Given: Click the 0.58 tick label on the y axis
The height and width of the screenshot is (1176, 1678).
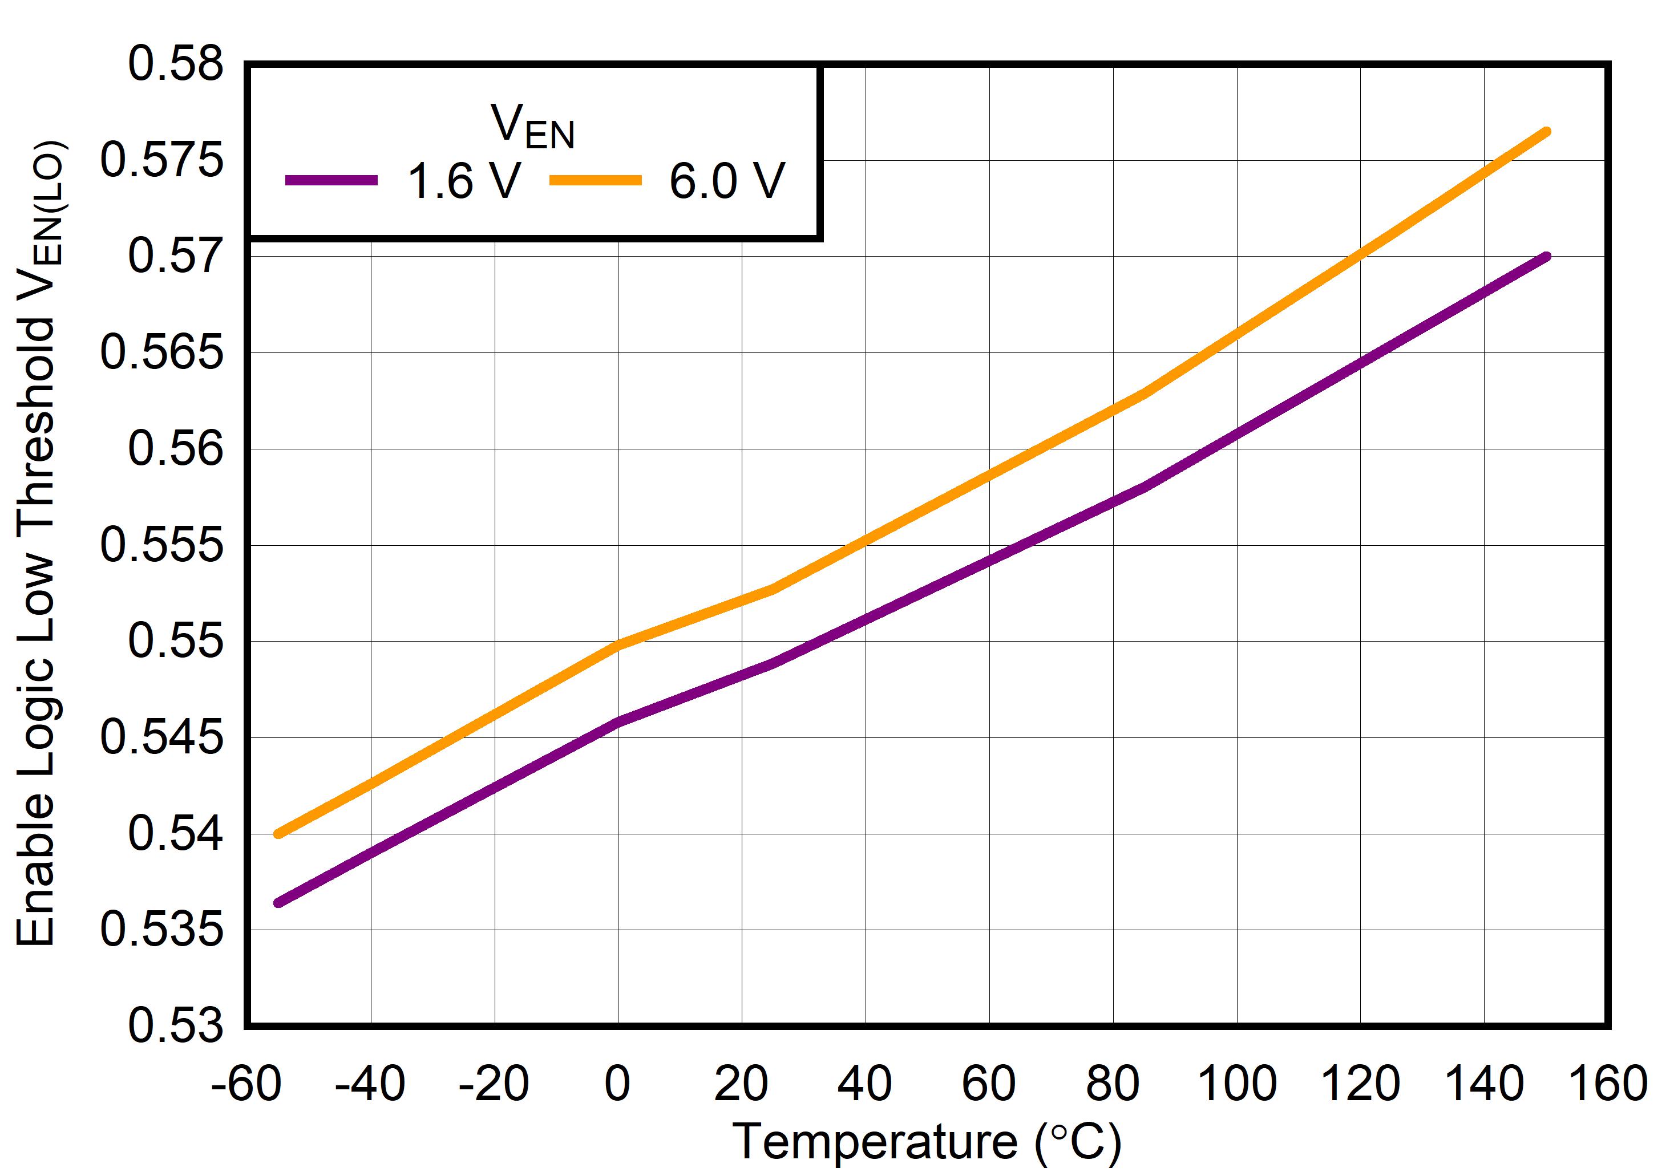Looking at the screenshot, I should click(175, 64).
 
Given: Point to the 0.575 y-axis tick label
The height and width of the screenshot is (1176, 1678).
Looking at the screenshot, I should click(161, 161).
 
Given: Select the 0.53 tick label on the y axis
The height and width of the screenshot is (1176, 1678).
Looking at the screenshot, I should click(175, 1025).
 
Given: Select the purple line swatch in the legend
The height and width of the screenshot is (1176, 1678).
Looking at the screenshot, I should click(331, 180).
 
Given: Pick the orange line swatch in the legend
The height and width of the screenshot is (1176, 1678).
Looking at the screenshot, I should click(595, 180).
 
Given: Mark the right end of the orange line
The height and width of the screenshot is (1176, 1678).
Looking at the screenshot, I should click(1546, 132).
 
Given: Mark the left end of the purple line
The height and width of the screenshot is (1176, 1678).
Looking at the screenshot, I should click(278, 903).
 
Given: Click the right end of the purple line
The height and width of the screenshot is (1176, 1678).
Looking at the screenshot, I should click(1546, 257).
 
